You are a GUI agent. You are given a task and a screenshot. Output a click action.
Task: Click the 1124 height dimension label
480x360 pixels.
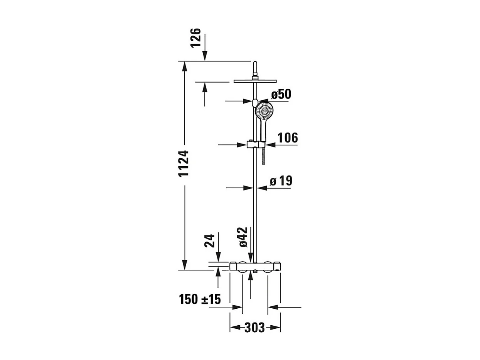(184, 163)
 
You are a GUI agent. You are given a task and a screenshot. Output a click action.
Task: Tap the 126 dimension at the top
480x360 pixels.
(196, 37)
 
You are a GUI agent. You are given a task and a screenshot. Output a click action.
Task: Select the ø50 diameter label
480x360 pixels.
(281, 94)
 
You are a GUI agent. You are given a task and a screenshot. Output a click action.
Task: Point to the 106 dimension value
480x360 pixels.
(287, 138)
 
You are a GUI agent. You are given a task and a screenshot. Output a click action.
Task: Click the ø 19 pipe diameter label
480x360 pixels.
(281, 181)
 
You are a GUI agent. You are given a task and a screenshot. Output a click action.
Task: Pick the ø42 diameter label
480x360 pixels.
(243, 237)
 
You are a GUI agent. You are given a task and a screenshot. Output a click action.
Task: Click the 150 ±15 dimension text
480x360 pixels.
(200, 299)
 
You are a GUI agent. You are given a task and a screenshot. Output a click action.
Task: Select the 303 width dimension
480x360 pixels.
(255, 328)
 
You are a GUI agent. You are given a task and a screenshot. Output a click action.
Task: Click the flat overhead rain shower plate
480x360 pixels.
(255, 81)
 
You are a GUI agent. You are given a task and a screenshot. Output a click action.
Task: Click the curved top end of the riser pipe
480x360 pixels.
(254, 64)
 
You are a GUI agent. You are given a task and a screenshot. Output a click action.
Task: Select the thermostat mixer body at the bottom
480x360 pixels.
(255, 266)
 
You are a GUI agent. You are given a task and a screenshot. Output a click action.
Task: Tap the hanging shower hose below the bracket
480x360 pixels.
(263, 156)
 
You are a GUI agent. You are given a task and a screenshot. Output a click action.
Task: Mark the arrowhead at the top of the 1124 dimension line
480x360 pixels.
(185, 66)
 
